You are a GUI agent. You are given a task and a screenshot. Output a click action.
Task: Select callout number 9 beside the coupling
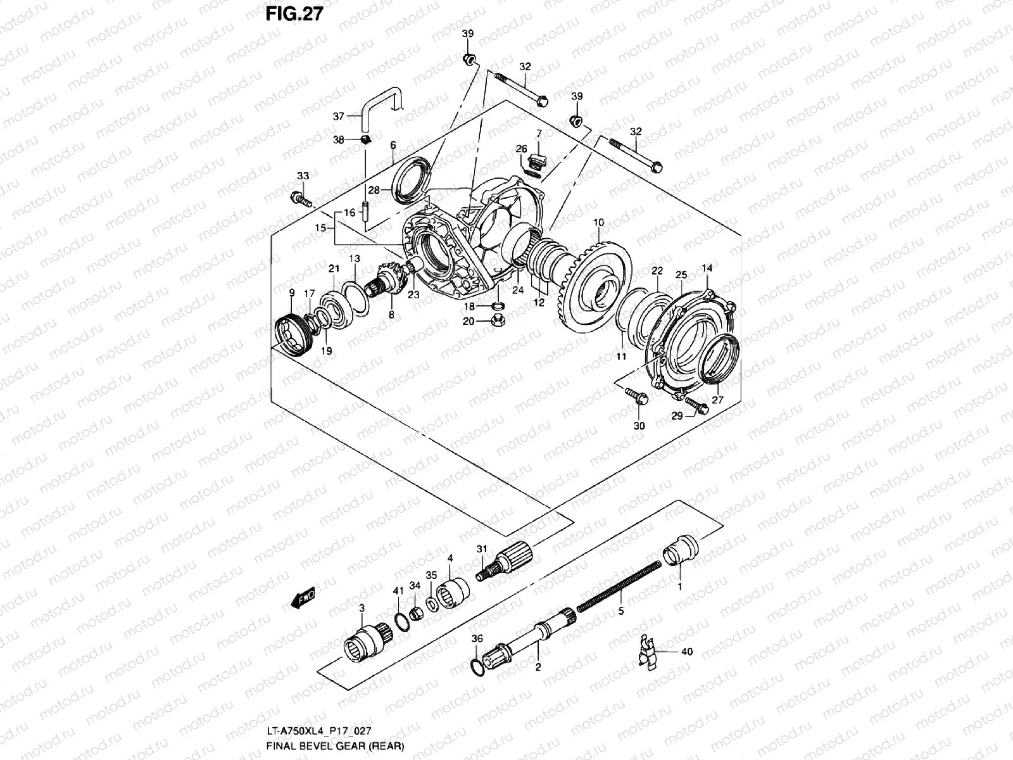(292, 293)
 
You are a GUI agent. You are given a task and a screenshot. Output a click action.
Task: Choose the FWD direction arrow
(305, 598)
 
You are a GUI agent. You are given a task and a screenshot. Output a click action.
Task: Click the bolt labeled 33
(299, 199)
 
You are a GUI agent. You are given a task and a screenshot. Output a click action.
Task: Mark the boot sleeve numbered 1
(681, 547)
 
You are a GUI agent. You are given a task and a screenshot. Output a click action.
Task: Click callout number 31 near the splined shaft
(482, 548)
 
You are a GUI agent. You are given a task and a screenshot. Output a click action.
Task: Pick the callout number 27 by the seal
(717, 400)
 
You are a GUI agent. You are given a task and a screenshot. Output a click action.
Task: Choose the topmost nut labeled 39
(469, 60)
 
